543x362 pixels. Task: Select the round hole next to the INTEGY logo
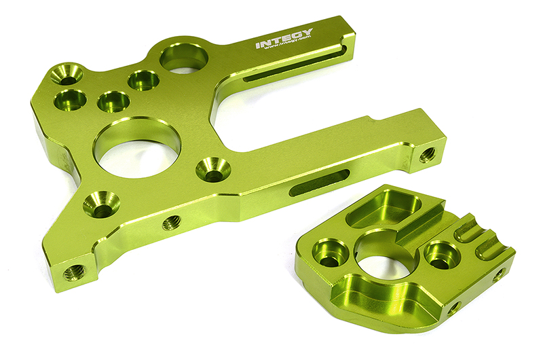183,58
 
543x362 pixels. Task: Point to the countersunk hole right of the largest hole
213,169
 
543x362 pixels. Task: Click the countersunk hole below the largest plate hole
101,203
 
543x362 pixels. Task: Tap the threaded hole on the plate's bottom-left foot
73,272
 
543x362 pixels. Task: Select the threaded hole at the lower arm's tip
427,155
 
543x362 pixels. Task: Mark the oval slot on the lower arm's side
320,183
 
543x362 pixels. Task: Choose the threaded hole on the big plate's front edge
172,222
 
